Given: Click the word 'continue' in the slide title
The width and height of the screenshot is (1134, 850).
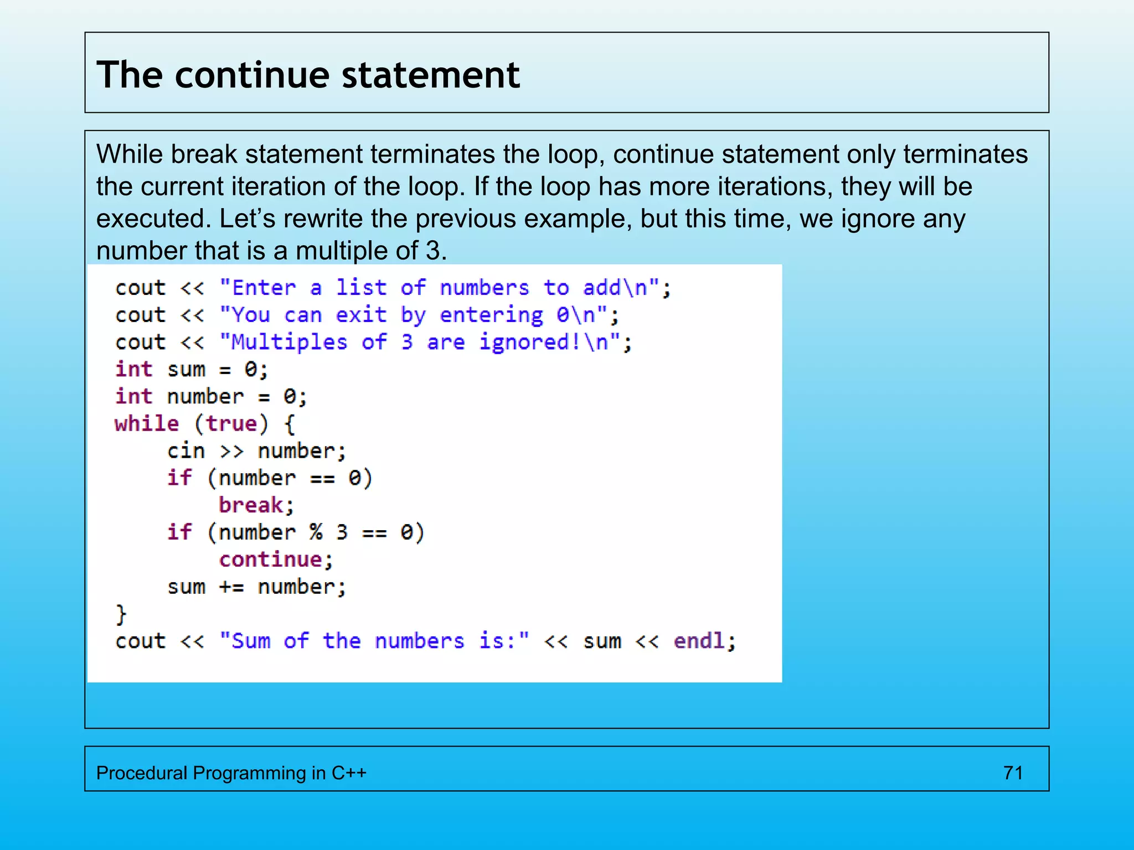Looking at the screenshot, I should [252, 75].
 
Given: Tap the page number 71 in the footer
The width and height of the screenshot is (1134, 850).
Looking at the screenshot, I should [1013, 773].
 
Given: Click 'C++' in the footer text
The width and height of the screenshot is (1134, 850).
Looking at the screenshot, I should [349, 773].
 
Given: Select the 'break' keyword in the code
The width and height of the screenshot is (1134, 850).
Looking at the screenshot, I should [251, 505].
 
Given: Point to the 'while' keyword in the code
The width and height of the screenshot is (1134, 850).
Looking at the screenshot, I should [147, 424].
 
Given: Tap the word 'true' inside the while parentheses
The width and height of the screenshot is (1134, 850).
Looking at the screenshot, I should [231, 424].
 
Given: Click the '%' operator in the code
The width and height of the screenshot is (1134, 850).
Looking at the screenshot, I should [316, 532].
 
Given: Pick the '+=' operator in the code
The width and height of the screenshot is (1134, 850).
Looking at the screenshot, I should [231, 587].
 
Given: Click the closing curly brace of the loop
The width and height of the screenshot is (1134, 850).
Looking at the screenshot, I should [121, 614].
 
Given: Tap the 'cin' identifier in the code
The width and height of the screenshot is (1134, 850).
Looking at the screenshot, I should [186, 451].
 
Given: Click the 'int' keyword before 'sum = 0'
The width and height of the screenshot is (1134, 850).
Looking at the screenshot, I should [133, 369].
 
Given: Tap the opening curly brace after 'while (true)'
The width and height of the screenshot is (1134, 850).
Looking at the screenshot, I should [290, 424].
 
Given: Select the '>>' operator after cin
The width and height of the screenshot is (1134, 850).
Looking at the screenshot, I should [231, 451].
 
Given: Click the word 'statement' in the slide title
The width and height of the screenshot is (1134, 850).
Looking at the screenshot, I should [431, 75].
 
